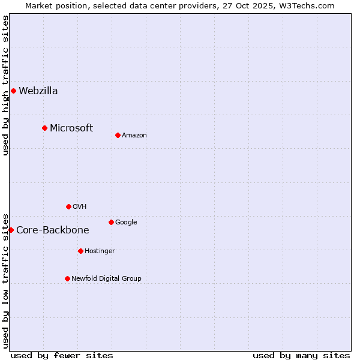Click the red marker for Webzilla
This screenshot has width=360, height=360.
pyautogui.click(x=13, y=91)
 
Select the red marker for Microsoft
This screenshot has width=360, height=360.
pyautogui.click(x=44, y=128)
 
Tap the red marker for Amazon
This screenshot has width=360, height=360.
pyautogui.click(x=118, y=135)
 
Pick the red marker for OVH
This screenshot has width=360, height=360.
pyautogui.click(x=68, y=206)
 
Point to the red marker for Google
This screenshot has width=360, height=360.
pyautogui.click(x=111, y=222)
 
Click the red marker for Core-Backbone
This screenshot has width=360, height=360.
pyautogui.click(x=11, y=230)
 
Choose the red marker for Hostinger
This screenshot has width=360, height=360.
pyautogui.click(x=80, y=251)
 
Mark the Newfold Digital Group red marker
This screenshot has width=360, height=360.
pyautogui.click(x=67, y=278)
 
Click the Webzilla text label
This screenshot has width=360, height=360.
pyautogui.click(x=38, y=91)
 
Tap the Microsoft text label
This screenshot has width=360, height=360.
pyautogui.click(x=71, y=128)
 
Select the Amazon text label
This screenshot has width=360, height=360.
pyautogui.click(x=134, y=136)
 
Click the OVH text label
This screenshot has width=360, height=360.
pyautogui.click(x=80, y=207)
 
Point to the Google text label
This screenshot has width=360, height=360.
pyautogui.click(x=126, y=223)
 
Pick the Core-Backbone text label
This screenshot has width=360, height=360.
pyautogui.click(x=53, y=230)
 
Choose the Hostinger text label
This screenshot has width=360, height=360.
pyautogui.click(x=100, y=251)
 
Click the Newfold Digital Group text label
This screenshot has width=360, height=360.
pyautogui.click(x=107, y=279)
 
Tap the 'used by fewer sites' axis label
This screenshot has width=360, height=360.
pyautogui.click(x=62, y=355)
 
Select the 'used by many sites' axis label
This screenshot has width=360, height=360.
pyautogui.click(x=301, y=355)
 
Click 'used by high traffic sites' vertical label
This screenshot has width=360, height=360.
pyautogui.click(x=6, y=85)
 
